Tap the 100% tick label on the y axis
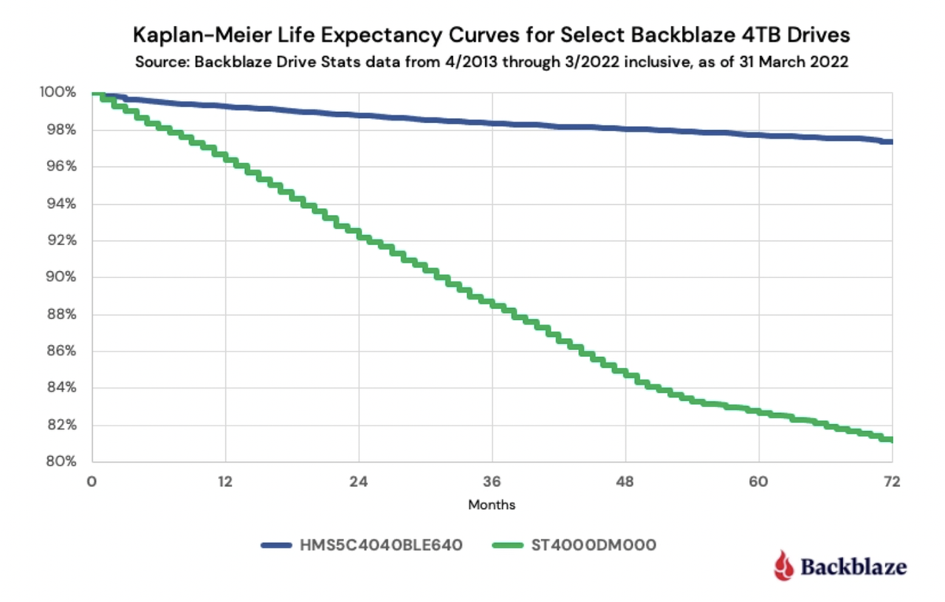[59, 93]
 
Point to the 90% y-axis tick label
[61, 277]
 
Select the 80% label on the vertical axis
[61, 462]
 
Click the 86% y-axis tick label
[61, 351]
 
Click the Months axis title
[491, 504]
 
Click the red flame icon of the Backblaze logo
[781, 566]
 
